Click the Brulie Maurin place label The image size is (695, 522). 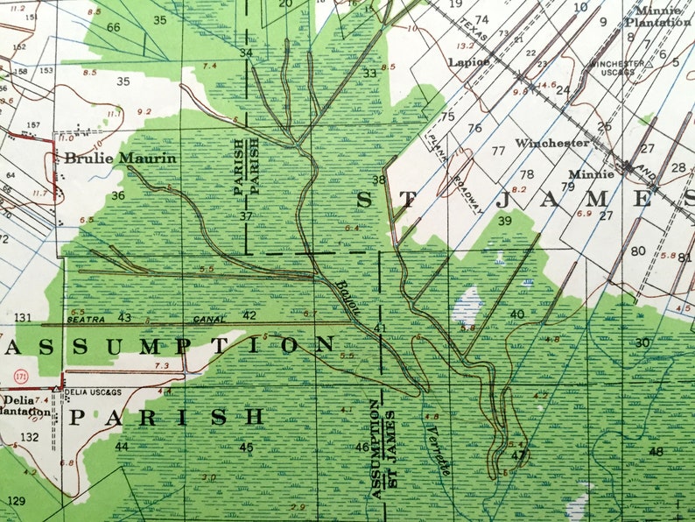click(x=119, y=159)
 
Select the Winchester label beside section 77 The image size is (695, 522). click(x=551, y=142)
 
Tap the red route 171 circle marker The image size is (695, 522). click(x=20, y=377)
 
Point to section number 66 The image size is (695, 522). click(x=114, y=27)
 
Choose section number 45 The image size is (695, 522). click(x=246, y=448)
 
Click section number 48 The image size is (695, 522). click(x=656, y=451)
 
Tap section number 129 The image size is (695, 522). click(x=16, y=500)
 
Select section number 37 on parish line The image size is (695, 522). click(x=246, y=216)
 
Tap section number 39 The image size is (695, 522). click(x=504, y=221)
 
